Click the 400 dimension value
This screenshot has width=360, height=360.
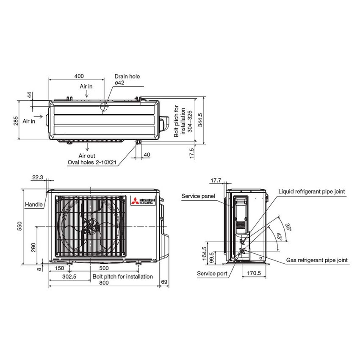pos(79,76)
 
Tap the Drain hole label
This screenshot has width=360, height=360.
pos(127,77)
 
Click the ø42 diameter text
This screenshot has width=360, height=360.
pos(119,83)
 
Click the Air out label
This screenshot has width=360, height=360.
pos(87,156)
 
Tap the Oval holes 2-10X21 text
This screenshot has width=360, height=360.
pos(92,162)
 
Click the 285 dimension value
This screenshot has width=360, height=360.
pos(15,121)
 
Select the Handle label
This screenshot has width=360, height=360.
pos(33,205)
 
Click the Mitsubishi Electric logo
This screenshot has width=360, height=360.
pos(142,202)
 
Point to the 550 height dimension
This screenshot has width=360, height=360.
pos(19,227)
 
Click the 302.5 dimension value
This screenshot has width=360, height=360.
pos(69,277)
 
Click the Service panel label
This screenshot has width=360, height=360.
pos(198,196)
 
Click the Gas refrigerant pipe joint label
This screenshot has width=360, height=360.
pos(317,260)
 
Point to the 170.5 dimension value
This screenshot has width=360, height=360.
pos(253,273)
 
